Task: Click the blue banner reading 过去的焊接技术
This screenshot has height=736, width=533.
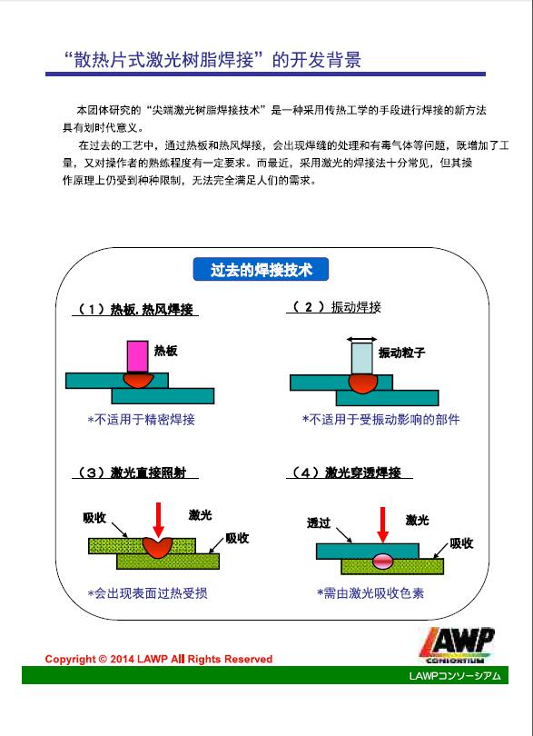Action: [261, 270]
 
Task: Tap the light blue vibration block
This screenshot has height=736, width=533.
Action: [362, 359]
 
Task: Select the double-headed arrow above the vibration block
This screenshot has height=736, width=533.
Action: [361, 339]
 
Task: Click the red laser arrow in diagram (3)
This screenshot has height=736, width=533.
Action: [159, 520]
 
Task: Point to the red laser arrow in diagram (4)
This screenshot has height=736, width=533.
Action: [383, 525]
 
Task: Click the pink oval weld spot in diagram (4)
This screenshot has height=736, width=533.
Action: [384, 561]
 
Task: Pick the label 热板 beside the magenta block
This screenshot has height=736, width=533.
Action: [165, 351]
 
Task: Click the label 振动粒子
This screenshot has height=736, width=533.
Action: [401, 353]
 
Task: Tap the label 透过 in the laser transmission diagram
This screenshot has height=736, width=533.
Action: [319, 522]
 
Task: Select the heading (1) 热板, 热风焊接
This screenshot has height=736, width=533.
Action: [135, 309]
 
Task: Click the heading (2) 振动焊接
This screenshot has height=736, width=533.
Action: [335, 307]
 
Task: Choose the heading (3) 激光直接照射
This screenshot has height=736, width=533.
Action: [135, 472]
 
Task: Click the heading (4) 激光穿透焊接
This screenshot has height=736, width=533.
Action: [350, 472]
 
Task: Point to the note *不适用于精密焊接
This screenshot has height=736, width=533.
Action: [142, 419]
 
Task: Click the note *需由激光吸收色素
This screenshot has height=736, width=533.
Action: [370, 592]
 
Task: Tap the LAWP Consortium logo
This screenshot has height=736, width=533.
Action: [456, 645]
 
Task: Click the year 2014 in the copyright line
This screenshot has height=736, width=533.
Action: [123, 659]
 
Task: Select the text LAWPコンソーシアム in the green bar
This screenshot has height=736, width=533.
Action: [455, 675]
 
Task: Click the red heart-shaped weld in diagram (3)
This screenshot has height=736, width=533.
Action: [158, 547]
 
